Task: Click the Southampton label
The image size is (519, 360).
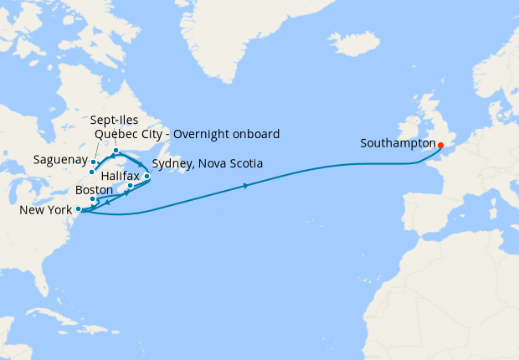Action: click(x=397, y=143)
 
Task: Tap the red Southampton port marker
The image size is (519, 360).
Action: click(x=441, y=143)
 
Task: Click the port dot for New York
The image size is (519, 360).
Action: click(x=78, y=209)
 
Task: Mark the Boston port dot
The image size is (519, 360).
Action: click(x=93, y=199)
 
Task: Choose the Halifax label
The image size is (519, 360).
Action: click(x=120, y=177)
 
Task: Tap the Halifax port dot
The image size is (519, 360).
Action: click(x=131, y=186)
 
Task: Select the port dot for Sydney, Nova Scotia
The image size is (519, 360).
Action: click(x=147, y=177)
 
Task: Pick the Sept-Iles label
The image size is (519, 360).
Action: click(x=116, y=121)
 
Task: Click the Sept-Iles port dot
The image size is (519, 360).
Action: click(x=116, y=151)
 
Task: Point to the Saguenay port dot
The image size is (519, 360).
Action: click(x=94, y=162)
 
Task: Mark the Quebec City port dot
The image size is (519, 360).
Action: click(x=91, y=172)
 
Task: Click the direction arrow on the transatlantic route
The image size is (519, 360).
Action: click(x=246, y=185)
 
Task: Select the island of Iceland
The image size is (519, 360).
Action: click(x=355, y=42)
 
